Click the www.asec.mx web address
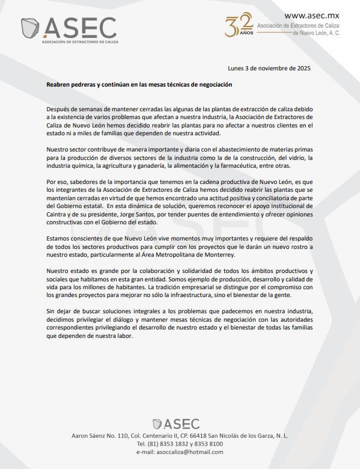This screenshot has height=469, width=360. pos(311,16)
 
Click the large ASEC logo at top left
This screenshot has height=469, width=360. pos(69,28)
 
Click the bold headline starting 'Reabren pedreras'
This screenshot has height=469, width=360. pos(139,85)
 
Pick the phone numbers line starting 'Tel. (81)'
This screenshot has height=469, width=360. pos(180,443)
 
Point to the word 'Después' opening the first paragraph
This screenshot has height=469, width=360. pos(59,108)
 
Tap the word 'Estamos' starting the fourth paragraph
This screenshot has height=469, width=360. pos(59,238)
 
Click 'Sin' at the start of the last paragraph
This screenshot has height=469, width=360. pos(52,311)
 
